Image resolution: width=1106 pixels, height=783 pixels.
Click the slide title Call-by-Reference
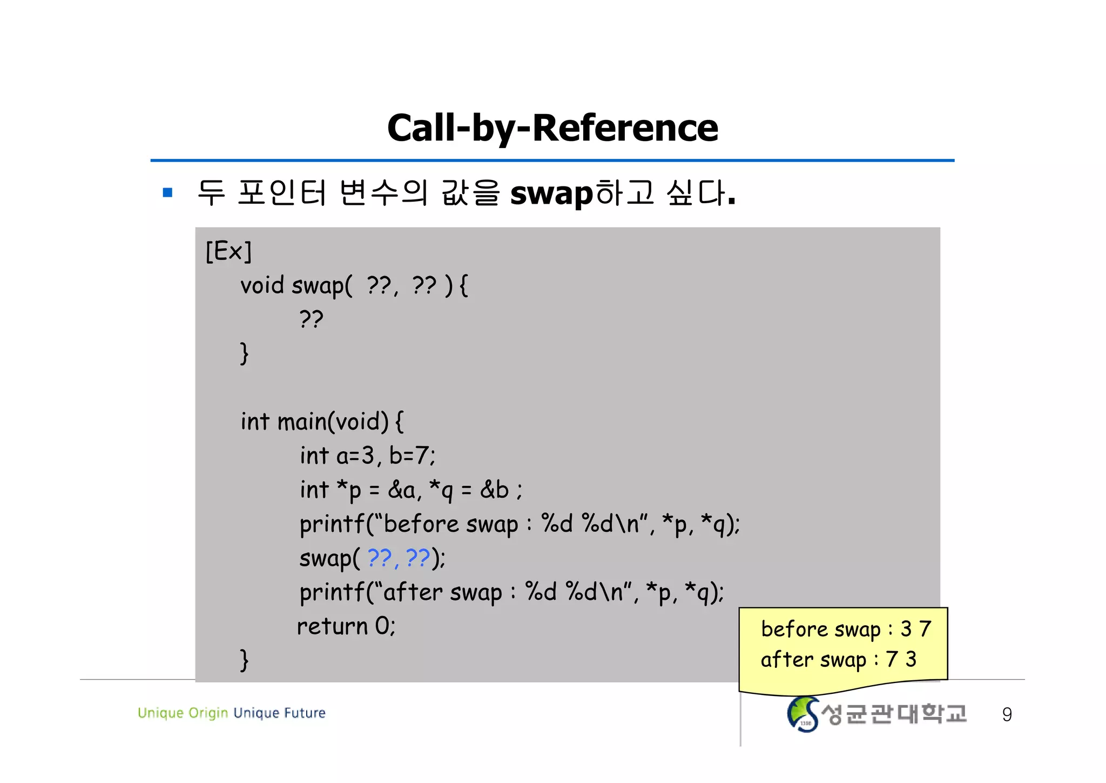(x=552, y=128)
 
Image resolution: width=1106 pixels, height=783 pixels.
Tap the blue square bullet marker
(x=167, y=192)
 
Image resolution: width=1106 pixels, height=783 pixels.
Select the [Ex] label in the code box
(x=228, y=251)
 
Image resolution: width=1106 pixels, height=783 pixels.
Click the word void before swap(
(x=262, y=285)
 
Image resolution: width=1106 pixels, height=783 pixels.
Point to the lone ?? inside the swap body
(x=311, y=319)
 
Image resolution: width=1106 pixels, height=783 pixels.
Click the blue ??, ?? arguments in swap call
(x=399, y=558)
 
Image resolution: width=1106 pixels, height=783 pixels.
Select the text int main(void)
(x=314, y=421)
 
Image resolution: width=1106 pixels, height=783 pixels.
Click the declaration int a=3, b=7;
(x=367, y=456)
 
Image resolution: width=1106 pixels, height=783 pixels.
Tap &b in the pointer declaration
(x=494, y=490)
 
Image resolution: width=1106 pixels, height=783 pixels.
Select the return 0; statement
(x=346, y=626)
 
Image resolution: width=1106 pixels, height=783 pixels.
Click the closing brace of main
(x=244, y=659)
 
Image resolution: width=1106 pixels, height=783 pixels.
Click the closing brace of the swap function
(x=244, y=353)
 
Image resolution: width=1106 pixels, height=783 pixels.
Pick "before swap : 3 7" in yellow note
(x=846, y=629)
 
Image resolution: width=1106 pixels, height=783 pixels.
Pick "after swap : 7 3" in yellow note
(x=838, y=659)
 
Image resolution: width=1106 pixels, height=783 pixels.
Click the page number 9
(x=1007, y=714)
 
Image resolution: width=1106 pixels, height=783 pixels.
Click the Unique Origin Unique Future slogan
(x=232, y=713)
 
